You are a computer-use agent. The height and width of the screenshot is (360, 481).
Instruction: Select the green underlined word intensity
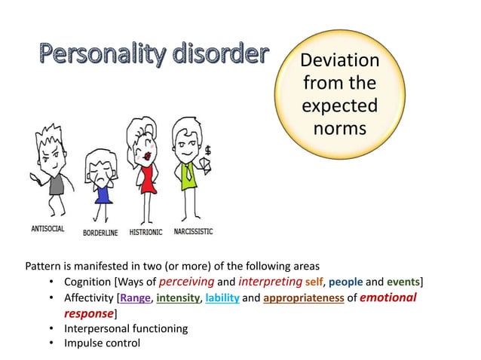pyautogui.click(x=178, y=298)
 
